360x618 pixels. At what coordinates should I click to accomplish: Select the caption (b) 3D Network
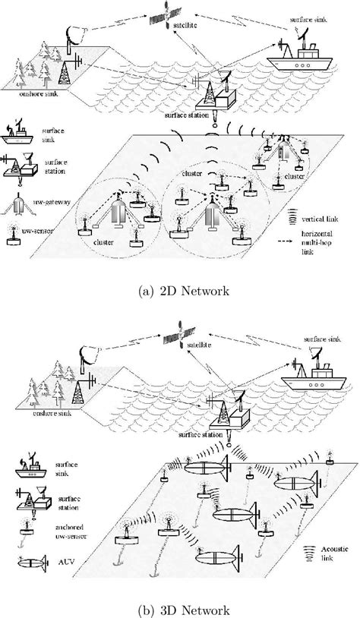(180, 607)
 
